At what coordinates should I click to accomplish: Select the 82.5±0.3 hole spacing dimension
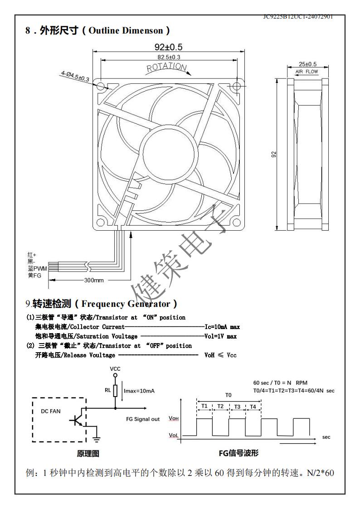(x=169, y=57)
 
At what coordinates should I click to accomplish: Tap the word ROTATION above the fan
(x=166, y=68)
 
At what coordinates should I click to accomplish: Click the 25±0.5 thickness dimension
(x=307, y=64)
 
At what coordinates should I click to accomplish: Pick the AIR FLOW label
(x=307, y=72)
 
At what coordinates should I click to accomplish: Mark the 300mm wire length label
(x=94, y=280)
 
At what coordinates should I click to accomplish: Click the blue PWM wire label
(x=37, y=269)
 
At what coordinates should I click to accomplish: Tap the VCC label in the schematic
(x=115, y=369)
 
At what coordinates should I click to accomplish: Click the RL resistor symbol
(x=115, y=391)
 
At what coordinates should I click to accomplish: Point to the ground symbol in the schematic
(x=97, y=438)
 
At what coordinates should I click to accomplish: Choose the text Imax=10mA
(x=139, y=391)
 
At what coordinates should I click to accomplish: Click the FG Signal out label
(x=143, y=419)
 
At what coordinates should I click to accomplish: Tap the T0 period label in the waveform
(x=228, y=395)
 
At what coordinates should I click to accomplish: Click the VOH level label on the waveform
(x=174, y=419)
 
